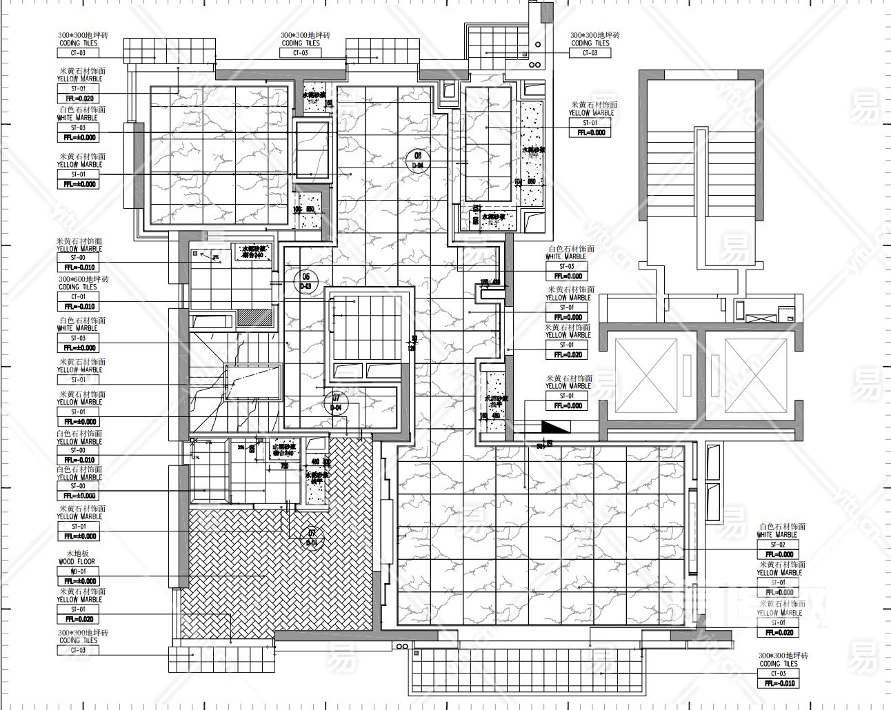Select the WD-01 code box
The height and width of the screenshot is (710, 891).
click(79, 571)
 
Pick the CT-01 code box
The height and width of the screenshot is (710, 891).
click(79, 297)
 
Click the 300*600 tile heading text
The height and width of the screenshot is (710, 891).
click(83, 279)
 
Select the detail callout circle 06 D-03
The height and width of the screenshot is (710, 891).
click(304, 281)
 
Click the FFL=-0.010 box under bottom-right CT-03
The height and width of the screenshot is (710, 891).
click(779, 683)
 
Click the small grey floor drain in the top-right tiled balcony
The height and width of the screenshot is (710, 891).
click(524, 52)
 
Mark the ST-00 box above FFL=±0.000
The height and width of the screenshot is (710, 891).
click(79, 486)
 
